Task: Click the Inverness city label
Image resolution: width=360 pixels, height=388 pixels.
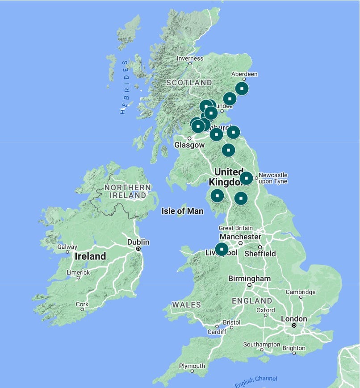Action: point(190,58)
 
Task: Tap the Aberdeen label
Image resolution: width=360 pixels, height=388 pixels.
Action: point(244,74)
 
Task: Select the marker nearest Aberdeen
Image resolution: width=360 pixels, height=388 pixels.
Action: point(242,88)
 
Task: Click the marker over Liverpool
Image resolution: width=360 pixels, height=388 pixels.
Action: point(222,249)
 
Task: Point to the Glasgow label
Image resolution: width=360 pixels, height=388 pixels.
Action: point(189,145)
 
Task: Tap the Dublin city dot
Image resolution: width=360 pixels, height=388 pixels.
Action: point(138,249)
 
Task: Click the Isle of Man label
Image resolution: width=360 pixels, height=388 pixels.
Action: point(182,211)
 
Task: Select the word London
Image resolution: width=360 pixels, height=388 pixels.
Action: point(293,319)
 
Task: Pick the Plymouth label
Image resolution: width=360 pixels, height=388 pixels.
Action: point(192,366)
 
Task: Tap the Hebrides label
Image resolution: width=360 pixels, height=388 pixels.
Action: point(125,87)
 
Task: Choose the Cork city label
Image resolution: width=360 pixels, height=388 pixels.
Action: point(82,304)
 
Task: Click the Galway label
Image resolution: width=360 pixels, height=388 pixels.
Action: point(67,247)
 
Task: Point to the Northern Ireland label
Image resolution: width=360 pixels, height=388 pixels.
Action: point(125,191)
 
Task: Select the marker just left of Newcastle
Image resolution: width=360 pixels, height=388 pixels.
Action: point(246,178)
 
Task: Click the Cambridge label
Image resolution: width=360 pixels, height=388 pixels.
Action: point(300,292)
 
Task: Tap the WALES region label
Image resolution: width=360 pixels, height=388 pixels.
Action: point(187,305)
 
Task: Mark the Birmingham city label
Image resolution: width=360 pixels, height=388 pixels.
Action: point(249,279)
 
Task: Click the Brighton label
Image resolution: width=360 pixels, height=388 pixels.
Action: point(293,348)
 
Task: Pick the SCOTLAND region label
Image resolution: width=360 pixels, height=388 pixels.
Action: point(189,83)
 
